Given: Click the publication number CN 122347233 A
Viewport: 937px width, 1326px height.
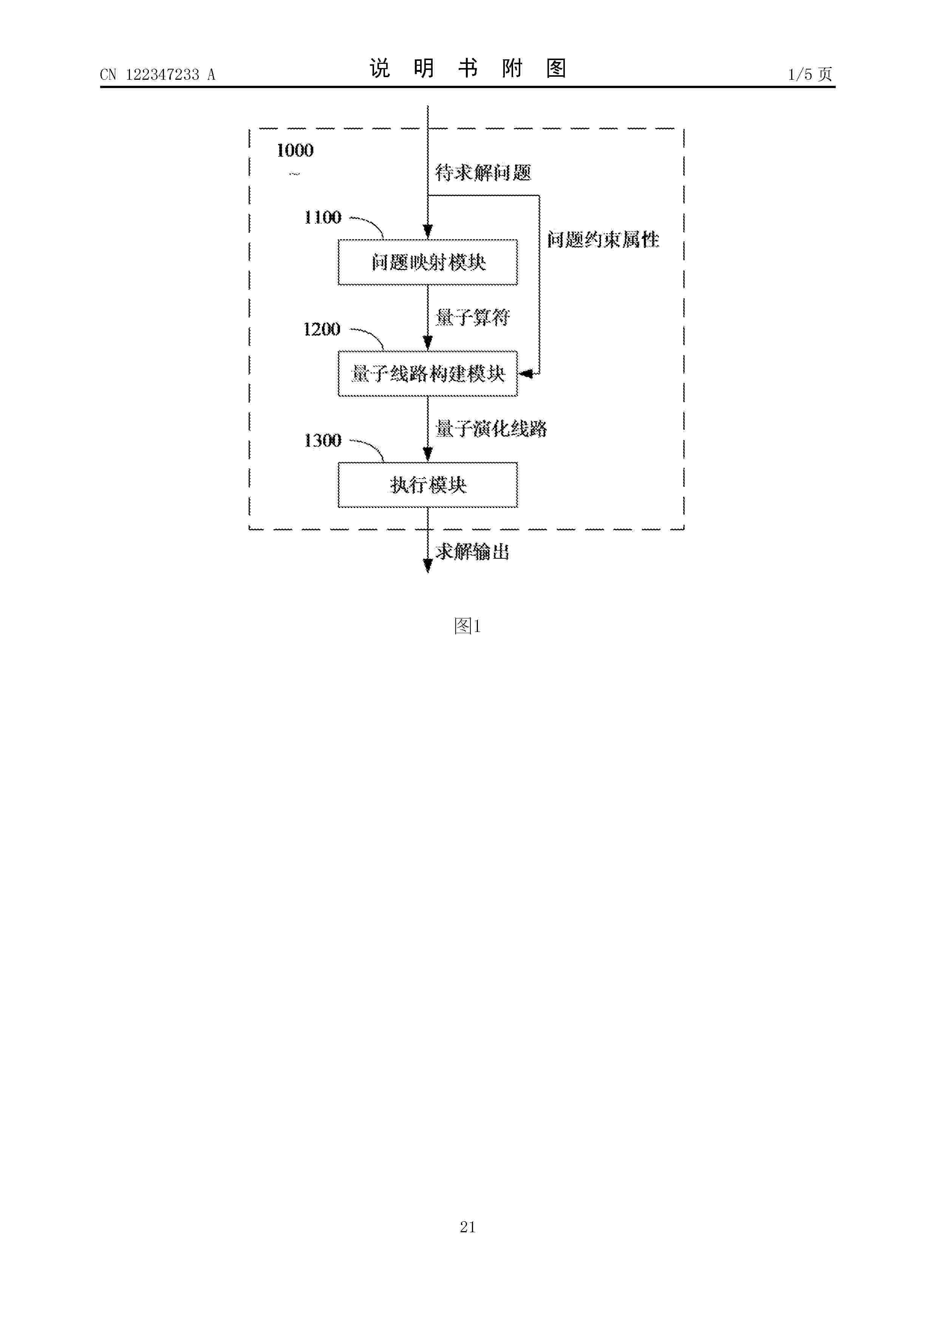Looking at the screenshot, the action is point(158,74).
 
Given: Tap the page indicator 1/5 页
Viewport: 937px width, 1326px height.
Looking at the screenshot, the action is point(810,74).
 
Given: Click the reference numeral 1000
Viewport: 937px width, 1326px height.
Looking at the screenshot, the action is point(295,151).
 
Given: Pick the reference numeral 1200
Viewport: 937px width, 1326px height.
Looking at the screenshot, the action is point(322,329).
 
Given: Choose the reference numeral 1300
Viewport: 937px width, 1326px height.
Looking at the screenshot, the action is point(323,441).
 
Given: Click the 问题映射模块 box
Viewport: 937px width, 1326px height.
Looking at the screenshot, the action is point(428,262).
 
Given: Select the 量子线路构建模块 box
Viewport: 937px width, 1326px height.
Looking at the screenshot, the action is point(428,374).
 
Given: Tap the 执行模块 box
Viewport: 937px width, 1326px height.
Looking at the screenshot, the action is point(428,485).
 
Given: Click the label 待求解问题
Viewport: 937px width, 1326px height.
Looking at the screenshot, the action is point(483,172).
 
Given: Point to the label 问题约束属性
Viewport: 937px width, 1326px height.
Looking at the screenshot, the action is point(603,239).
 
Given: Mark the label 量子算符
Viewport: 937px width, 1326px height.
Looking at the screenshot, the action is point(473,317).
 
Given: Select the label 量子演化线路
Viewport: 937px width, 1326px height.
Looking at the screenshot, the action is point(491,429).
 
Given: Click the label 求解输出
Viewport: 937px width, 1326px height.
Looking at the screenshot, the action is point(473,552).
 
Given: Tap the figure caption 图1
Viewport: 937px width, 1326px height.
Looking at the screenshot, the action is point(468,626).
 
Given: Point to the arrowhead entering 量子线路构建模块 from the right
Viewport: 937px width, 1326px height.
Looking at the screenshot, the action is point(526,374).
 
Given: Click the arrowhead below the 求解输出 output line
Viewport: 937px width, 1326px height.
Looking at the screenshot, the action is point(428,567).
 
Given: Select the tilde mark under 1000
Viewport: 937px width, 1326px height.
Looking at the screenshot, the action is point(295,174).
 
